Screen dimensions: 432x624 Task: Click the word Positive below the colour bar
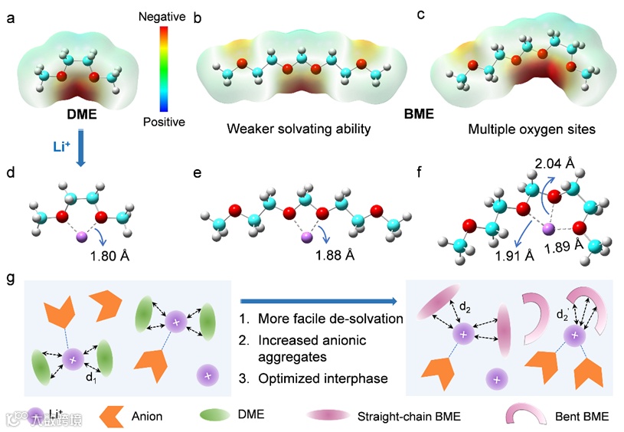click(x=163, y=122)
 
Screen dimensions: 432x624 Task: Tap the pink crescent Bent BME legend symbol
click(x=524, y=416)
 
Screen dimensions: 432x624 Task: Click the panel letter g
click(x=10, y=278)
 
